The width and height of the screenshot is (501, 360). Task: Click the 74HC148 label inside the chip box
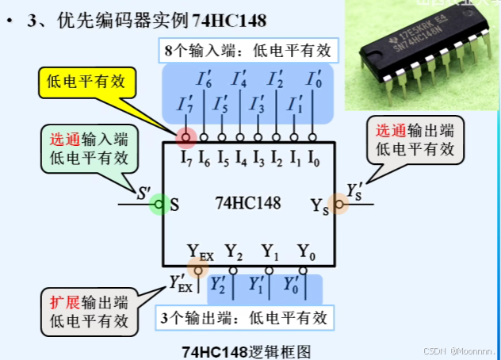[247, 203]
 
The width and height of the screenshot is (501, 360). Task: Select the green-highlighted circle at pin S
[159, 204]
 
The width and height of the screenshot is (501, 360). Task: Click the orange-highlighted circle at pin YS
[338, 204]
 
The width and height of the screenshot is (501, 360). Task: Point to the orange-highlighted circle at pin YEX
[194, 270]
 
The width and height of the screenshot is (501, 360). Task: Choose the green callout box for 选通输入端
[87, 148]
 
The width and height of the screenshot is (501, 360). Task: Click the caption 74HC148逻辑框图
[244, 349]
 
